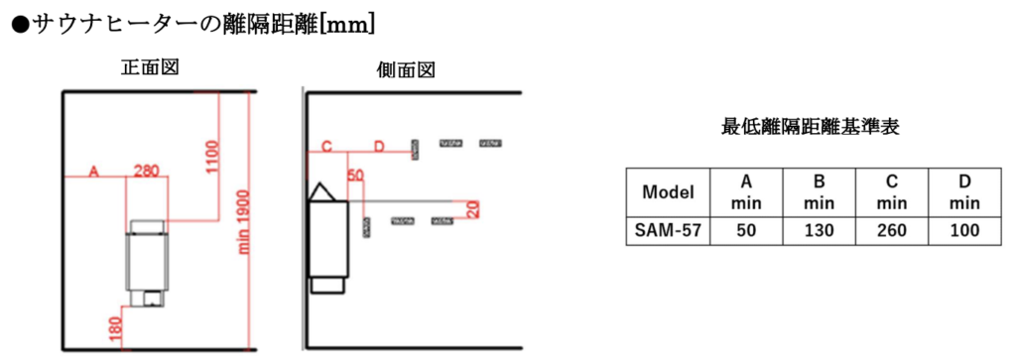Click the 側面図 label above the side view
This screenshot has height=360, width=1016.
pos(406,70)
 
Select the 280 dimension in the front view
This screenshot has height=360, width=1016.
pos(146,171)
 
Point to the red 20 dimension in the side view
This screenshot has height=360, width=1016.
pos(473,209)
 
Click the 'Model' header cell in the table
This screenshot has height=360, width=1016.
pos(668,192)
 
